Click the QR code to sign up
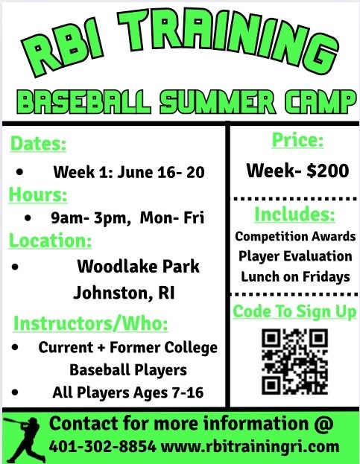point(295,361)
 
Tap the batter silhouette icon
point(23,439)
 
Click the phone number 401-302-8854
point(102,446)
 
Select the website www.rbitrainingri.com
point(250,447)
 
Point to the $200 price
point(328,171)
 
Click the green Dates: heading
point(38,144)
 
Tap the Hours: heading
point(38,194)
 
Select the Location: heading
point(50,240)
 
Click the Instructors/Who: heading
point(91,322)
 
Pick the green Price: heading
point(297,140)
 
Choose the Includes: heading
point(295,214)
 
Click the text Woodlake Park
point(138,267)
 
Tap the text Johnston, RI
point(124,293)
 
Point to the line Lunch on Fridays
point(295,277)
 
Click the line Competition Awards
point(295,236)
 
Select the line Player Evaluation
point(295,256)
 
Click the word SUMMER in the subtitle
point(218,102)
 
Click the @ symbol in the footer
point(323,424)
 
